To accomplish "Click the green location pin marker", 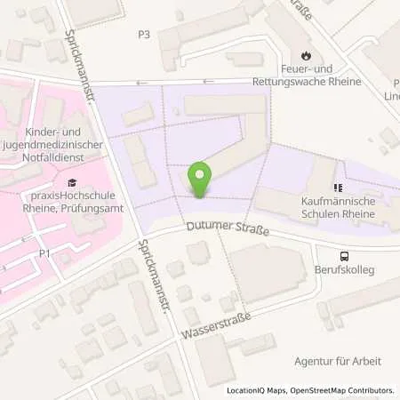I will click(201, 180).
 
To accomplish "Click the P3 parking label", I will click(144, 35).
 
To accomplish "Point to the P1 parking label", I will click(43, 252).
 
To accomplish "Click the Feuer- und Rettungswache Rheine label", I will click(307, 76).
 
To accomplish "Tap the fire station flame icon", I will click(307, 54).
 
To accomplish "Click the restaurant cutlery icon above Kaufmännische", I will click(337, 188).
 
